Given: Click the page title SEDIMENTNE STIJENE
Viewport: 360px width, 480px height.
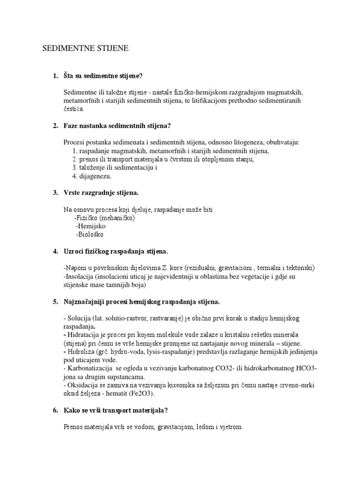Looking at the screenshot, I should point(85,48).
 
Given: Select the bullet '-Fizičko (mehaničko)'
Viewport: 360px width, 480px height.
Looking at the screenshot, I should point(104,218).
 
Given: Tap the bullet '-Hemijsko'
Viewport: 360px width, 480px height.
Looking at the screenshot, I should point(90,226).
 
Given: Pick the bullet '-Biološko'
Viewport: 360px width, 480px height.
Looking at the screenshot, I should point(90,234).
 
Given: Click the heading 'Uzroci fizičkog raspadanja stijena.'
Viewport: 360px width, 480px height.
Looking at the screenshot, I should point(116,251).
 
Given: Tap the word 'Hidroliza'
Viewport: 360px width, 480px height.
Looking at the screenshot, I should point(81,352).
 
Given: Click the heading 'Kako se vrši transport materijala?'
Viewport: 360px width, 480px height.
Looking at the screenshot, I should point(116,410).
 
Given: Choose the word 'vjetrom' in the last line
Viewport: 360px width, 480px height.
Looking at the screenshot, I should point(230,427).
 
